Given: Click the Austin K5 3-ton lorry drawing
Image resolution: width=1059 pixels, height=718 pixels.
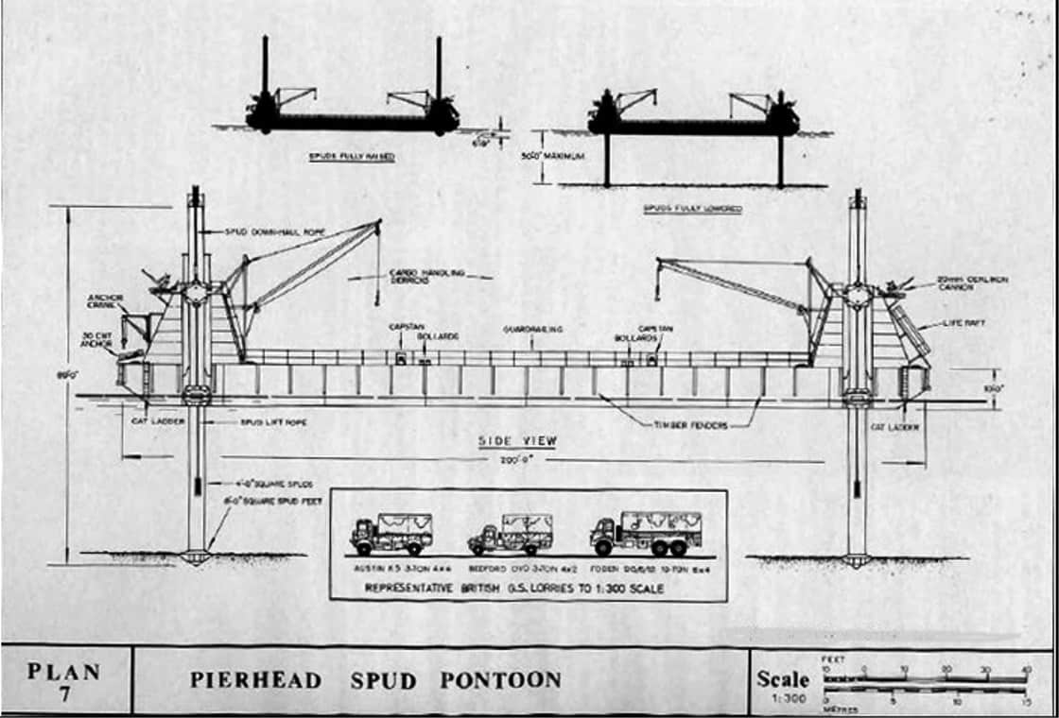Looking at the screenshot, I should click(x=391, y=534).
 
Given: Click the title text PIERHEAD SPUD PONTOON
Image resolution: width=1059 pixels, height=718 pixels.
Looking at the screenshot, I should click(x=375, y=679).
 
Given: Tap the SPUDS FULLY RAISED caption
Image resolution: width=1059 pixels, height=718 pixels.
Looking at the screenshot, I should click(x=352, y=156).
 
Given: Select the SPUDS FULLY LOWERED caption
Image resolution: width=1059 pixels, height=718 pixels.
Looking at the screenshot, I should click(x=692, y=208).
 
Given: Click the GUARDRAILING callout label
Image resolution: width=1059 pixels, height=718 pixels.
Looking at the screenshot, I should click(x=534, y=330).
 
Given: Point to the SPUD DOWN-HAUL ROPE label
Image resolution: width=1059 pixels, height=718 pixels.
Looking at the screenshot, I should click(x=262, y=232).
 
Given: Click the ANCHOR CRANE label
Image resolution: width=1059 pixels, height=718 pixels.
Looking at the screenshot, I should click(x=105, y=301).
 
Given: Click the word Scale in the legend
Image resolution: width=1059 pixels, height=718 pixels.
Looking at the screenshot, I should click(x=783, y=677).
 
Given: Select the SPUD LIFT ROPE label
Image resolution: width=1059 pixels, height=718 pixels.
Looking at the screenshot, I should click(x=273, y=422).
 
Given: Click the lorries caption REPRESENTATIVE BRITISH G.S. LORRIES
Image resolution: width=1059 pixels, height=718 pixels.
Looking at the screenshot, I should click(x=528, y=588).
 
